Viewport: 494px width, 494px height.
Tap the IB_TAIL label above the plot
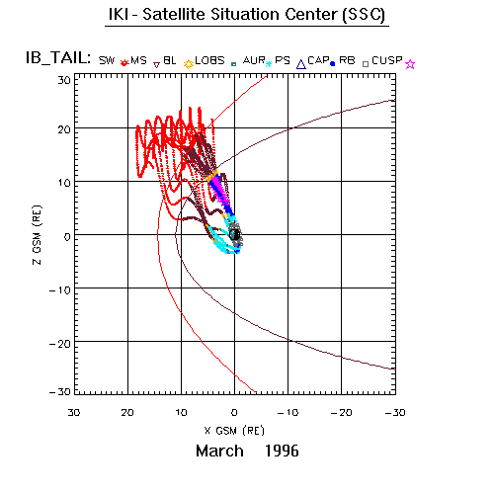(58, 58)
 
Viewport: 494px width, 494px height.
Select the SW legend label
(107, 60)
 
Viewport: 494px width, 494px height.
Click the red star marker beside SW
(123, 62)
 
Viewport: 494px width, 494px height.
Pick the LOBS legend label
(209, 60)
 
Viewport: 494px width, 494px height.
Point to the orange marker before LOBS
(189, 64)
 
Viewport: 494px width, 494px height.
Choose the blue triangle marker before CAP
(301, 64)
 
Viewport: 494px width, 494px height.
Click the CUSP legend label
(387, 60)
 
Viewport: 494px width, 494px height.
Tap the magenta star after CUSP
(410, 64)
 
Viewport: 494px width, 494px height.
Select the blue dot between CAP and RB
(333, 64)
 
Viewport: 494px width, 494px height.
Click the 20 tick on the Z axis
(64, 129)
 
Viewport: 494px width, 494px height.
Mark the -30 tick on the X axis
(395, 412)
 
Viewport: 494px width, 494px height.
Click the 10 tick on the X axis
(181, 412)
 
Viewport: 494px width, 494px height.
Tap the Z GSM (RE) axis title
(37, 235)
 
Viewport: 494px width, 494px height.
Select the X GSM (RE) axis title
(234, 431)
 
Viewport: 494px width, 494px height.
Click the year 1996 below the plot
(282, 451)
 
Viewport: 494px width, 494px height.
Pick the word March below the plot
(219, 451)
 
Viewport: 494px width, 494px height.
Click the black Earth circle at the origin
(235, 234)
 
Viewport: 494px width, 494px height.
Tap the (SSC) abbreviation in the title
(364, 15)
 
